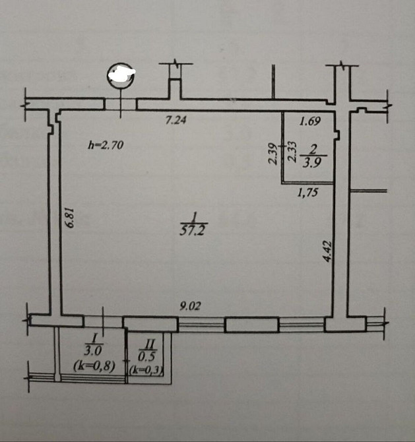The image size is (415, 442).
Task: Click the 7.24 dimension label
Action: click(x=176, y=120)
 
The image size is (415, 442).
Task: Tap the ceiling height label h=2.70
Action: click(x=106, y=145)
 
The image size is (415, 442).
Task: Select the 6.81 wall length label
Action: click(x=69, y=218)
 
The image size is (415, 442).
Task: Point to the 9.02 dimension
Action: click(x=190, y=306)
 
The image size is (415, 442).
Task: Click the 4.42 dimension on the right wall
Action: click(x=328, y=251)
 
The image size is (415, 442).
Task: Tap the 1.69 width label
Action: click(x=310, y=121)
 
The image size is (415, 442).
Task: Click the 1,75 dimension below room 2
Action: click(x=308, y=192)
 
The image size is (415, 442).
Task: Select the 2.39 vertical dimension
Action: click(x=273, y=154)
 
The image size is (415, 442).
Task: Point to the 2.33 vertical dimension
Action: click(x=292, y=152)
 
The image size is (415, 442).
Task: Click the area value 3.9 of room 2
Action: click(x=312, y=163)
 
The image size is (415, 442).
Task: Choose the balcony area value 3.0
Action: click(x=93, y=351)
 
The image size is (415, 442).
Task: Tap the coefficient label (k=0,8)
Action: click(x=94, y=366)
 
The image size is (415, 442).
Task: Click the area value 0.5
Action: click(x=147, y=356)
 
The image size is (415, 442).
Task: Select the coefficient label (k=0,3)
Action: click(x=147, y=370)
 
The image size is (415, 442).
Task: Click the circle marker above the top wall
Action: click(x=120, y=73)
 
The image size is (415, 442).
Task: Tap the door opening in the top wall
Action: click(x=121, y=104)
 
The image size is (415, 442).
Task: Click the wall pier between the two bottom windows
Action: click(x=252, y=325)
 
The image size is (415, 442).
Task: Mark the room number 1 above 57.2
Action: click(x=193, y=218)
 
